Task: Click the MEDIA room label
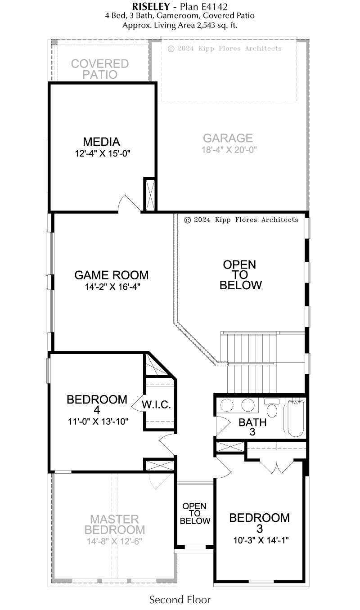(102, 142)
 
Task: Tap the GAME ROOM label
(112, 275)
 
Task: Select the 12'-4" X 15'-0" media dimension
(103, 153)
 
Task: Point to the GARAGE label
(228, 138)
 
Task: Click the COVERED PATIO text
(100, 69)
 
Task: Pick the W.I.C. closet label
(156, 405)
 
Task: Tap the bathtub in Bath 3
(296, 418)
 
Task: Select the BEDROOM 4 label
(97, 405)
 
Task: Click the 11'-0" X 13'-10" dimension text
(98, 422)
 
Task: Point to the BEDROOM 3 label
(260, 523)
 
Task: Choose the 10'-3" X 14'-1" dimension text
(261, 540)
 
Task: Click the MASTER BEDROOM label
(115, 525)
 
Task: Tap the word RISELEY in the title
(151, 6)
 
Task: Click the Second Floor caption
(180, 600)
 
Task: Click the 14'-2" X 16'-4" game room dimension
(112, 287)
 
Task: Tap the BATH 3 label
(252, 427)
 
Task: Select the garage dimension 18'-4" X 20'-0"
(229, 150)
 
